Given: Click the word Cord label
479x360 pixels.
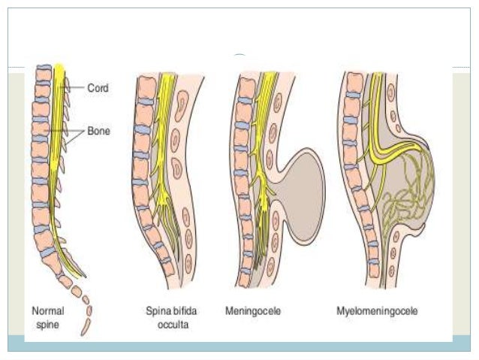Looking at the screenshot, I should (x=98, y=88).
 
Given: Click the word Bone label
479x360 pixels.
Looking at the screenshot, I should (x=98, y=131).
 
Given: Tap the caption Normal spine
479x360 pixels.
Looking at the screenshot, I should (x=48, y=316).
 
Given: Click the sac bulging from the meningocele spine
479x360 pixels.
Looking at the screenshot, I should (x=300, y=188).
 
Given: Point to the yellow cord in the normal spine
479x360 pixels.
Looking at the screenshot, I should (x=59, y=150).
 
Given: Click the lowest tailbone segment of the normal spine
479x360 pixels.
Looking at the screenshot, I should (x=87, y=328).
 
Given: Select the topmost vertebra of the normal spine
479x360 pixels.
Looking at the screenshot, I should (x=43, y=74).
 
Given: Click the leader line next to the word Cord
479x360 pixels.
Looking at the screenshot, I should (x=75, y=89).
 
